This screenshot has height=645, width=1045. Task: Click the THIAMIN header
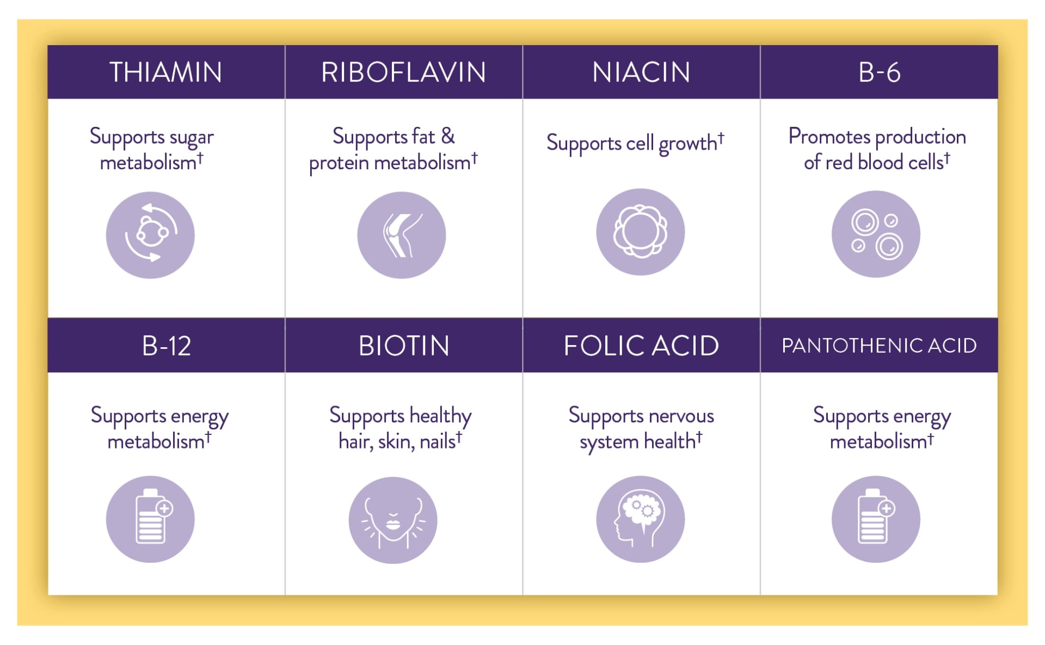point(166,72)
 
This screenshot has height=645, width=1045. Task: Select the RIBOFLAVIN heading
point(403,72)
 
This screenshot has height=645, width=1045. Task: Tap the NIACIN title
point(641,72)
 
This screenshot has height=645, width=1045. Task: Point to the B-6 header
point(879,72)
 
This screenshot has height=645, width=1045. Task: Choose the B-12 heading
point(166,346)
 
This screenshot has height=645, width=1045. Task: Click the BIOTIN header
point(404,346)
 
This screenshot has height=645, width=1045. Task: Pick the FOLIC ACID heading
point(641,346)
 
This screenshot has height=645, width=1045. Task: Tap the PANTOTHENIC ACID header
point(879,346)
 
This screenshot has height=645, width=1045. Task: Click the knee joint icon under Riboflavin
point(402,235)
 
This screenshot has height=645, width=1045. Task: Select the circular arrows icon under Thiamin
point(150,235)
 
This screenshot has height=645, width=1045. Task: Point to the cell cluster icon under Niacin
point(641,232)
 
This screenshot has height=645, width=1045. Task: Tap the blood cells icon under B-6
point(876,234)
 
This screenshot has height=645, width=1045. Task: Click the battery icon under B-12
point(150,519)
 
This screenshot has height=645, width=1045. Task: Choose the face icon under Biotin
point(393,520)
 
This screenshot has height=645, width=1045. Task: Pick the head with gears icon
point(641,519)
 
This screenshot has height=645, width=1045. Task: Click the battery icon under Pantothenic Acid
point(876,519)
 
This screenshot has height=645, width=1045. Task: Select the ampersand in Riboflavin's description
point(448,136)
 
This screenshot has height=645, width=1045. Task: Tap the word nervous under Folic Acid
point(681,416)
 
